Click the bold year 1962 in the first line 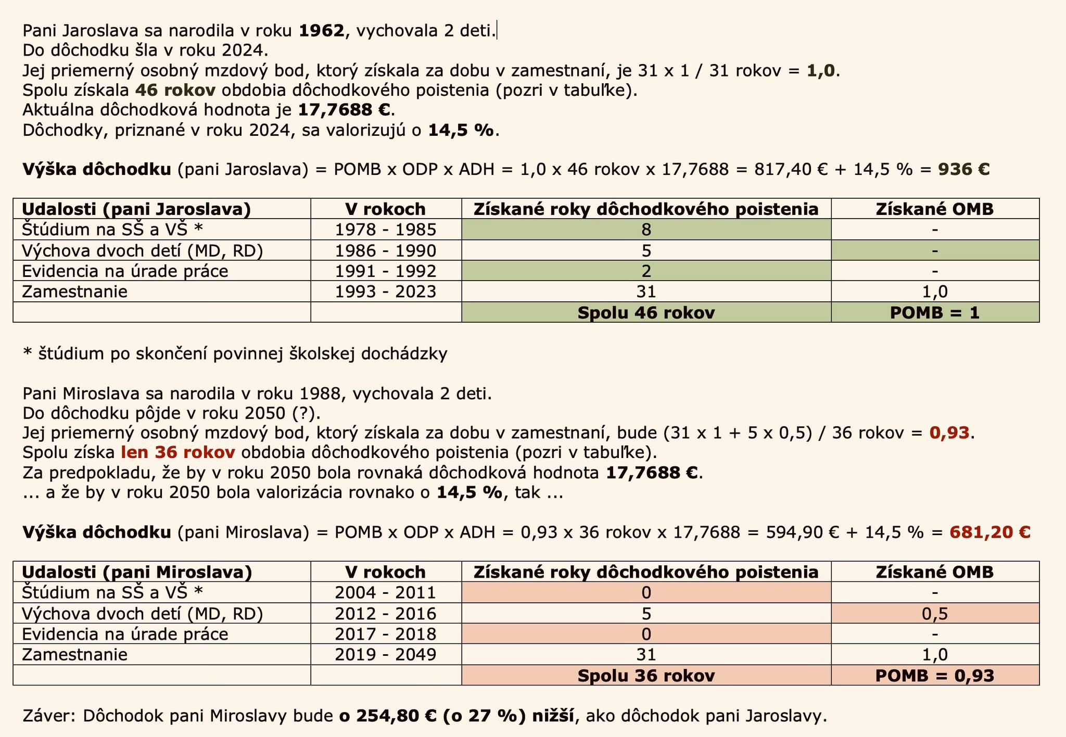pos(322,31)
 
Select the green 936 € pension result pos(963,170)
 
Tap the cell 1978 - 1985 pos(386,230)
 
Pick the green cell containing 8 pos(646,230)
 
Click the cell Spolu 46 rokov pos(646,312)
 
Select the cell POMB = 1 pos(935,312)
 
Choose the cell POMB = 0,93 pos(935,676)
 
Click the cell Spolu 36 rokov pos(646,676)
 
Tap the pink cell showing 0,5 pos(935,614)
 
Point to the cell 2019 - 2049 pos(386,655)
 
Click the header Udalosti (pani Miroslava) pos(137,573)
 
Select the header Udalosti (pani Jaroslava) pos(136,209)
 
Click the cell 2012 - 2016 pos(386,614)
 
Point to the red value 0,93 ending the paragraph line pos(949,433)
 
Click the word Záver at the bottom pos(49,716)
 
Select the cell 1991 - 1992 pos(386,271)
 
